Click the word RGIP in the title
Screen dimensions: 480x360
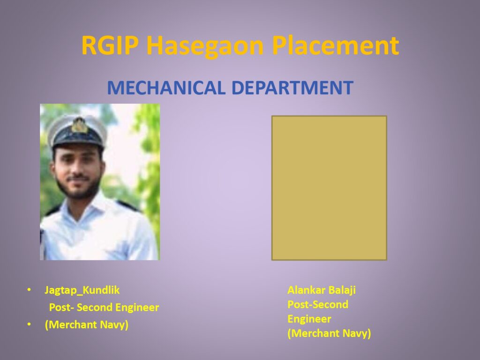tap(110, 45)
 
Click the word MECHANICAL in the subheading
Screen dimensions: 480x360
tap(166, 88)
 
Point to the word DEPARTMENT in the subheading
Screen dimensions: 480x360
tap(292, 88)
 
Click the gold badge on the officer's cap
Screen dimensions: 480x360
tap(79, 125)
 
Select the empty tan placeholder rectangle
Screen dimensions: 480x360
tap(329, 188)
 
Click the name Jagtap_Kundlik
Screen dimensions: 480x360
tap(82, 290)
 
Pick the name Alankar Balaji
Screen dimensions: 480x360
tap(322, 290)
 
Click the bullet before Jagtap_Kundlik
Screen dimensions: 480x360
tap(29, 290)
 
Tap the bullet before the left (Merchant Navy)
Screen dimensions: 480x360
tap(29, 324)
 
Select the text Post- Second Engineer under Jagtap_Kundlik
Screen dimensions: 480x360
tap(104, 307)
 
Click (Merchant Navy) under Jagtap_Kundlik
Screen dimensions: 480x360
tap(87, 324)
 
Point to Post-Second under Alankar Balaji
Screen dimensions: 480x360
tap(318, 304)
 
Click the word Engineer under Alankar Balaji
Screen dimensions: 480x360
tap(309, 319)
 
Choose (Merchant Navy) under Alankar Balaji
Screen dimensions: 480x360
tap(329, 333)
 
